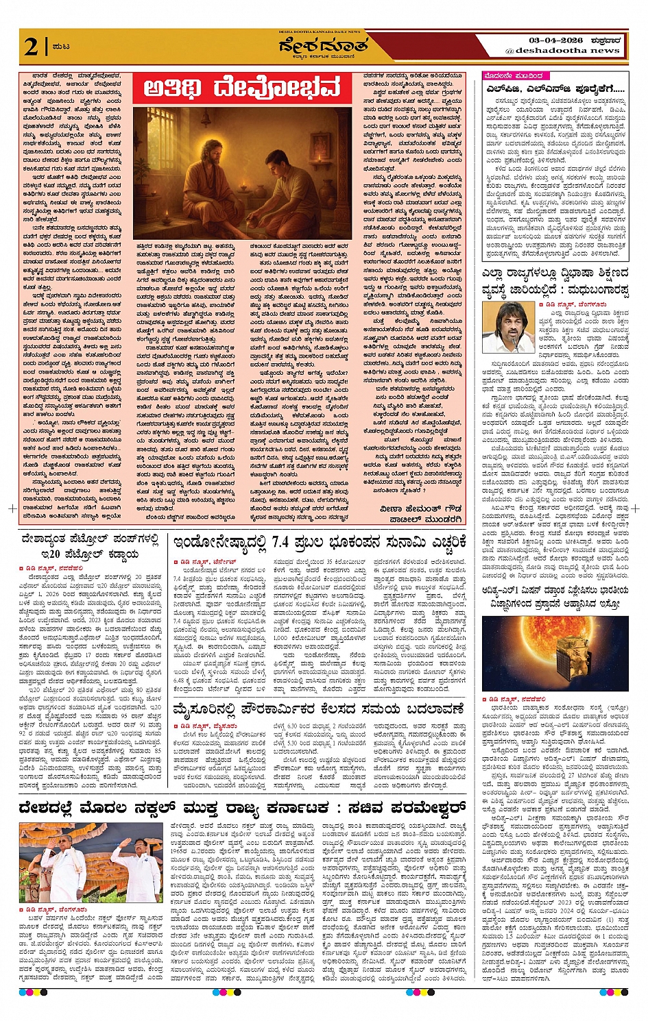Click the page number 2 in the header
click(x=30, y=47)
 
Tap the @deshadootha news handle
click(x=562, y=51)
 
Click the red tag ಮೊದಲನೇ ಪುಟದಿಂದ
click(x=514, y=75)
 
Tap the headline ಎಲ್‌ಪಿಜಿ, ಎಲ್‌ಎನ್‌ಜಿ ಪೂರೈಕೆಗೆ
click(x=554, y=89)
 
